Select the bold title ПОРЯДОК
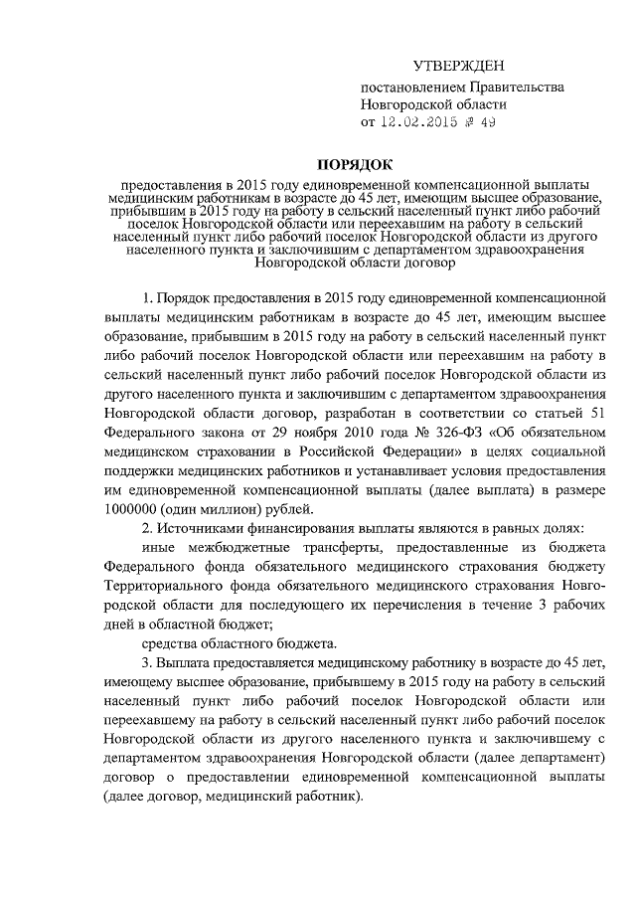355,163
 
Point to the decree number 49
486,122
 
